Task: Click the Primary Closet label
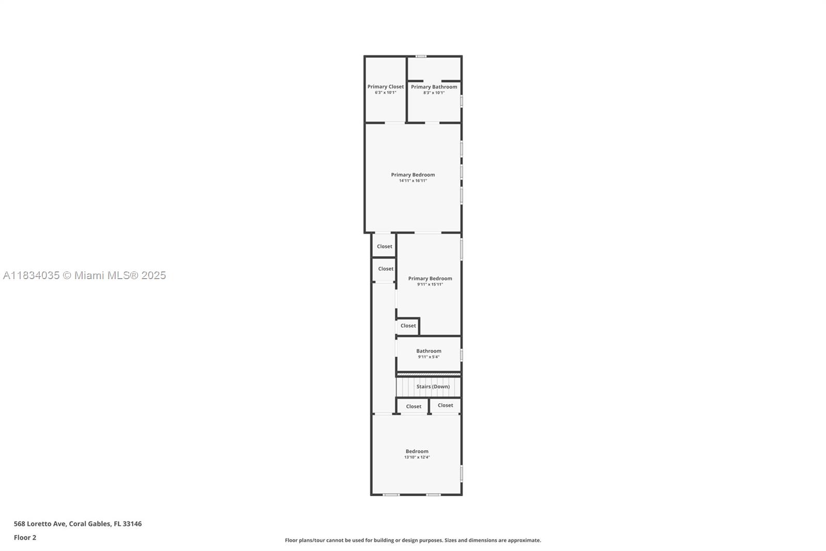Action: coord(386,87)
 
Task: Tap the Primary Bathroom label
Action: coord(434,87)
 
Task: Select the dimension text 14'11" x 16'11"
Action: coord(412,181)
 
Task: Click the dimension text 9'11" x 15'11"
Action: coord(430,284)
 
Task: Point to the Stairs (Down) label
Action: coord(433,387)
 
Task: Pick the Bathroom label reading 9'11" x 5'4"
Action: coord(428,351)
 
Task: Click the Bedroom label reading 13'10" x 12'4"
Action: coord(417,451)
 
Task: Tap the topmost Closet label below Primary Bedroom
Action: coord(384,247)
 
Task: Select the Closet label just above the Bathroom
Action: coord(408,326)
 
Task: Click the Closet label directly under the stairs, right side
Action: coord(445,405)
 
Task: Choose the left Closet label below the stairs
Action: coord(414,406)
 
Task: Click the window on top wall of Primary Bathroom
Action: coord(421,56)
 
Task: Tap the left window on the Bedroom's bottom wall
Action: coord(391,495)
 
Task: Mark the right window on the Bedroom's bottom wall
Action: coord(433,495)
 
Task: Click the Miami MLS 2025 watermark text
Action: coord(85,275)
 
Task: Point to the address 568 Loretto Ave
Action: coord(77,524)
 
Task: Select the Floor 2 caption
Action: coord(25,538)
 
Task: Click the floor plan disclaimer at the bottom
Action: coord(413,540)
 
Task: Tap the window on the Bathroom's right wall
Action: coord(461,355)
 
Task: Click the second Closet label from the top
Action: coord(385,269)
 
